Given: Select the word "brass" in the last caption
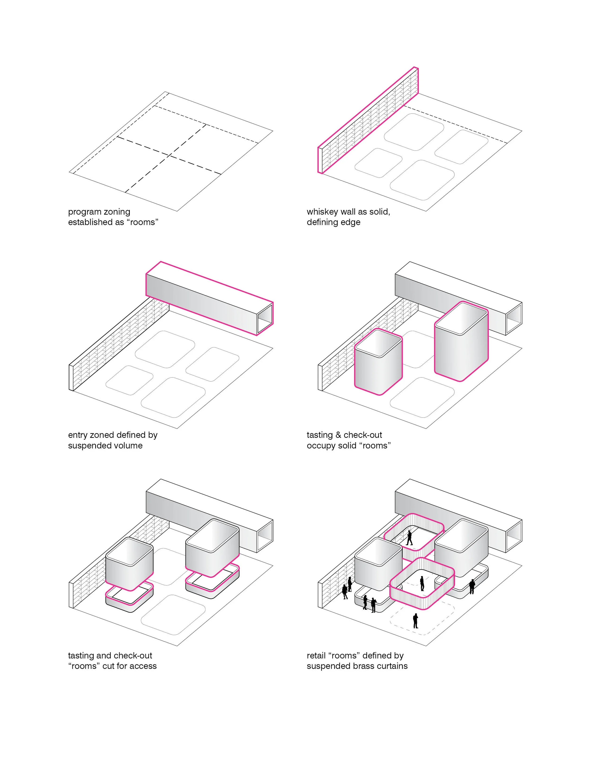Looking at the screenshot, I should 366,666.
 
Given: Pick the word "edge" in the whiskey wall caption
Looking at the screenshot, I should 352,222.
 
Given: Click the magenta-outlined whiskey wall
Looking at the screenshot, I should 368,119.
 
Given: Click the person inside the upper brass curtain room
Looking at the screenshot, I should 409,538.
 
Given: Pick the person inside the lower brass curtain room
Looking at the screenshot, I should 422,583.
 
